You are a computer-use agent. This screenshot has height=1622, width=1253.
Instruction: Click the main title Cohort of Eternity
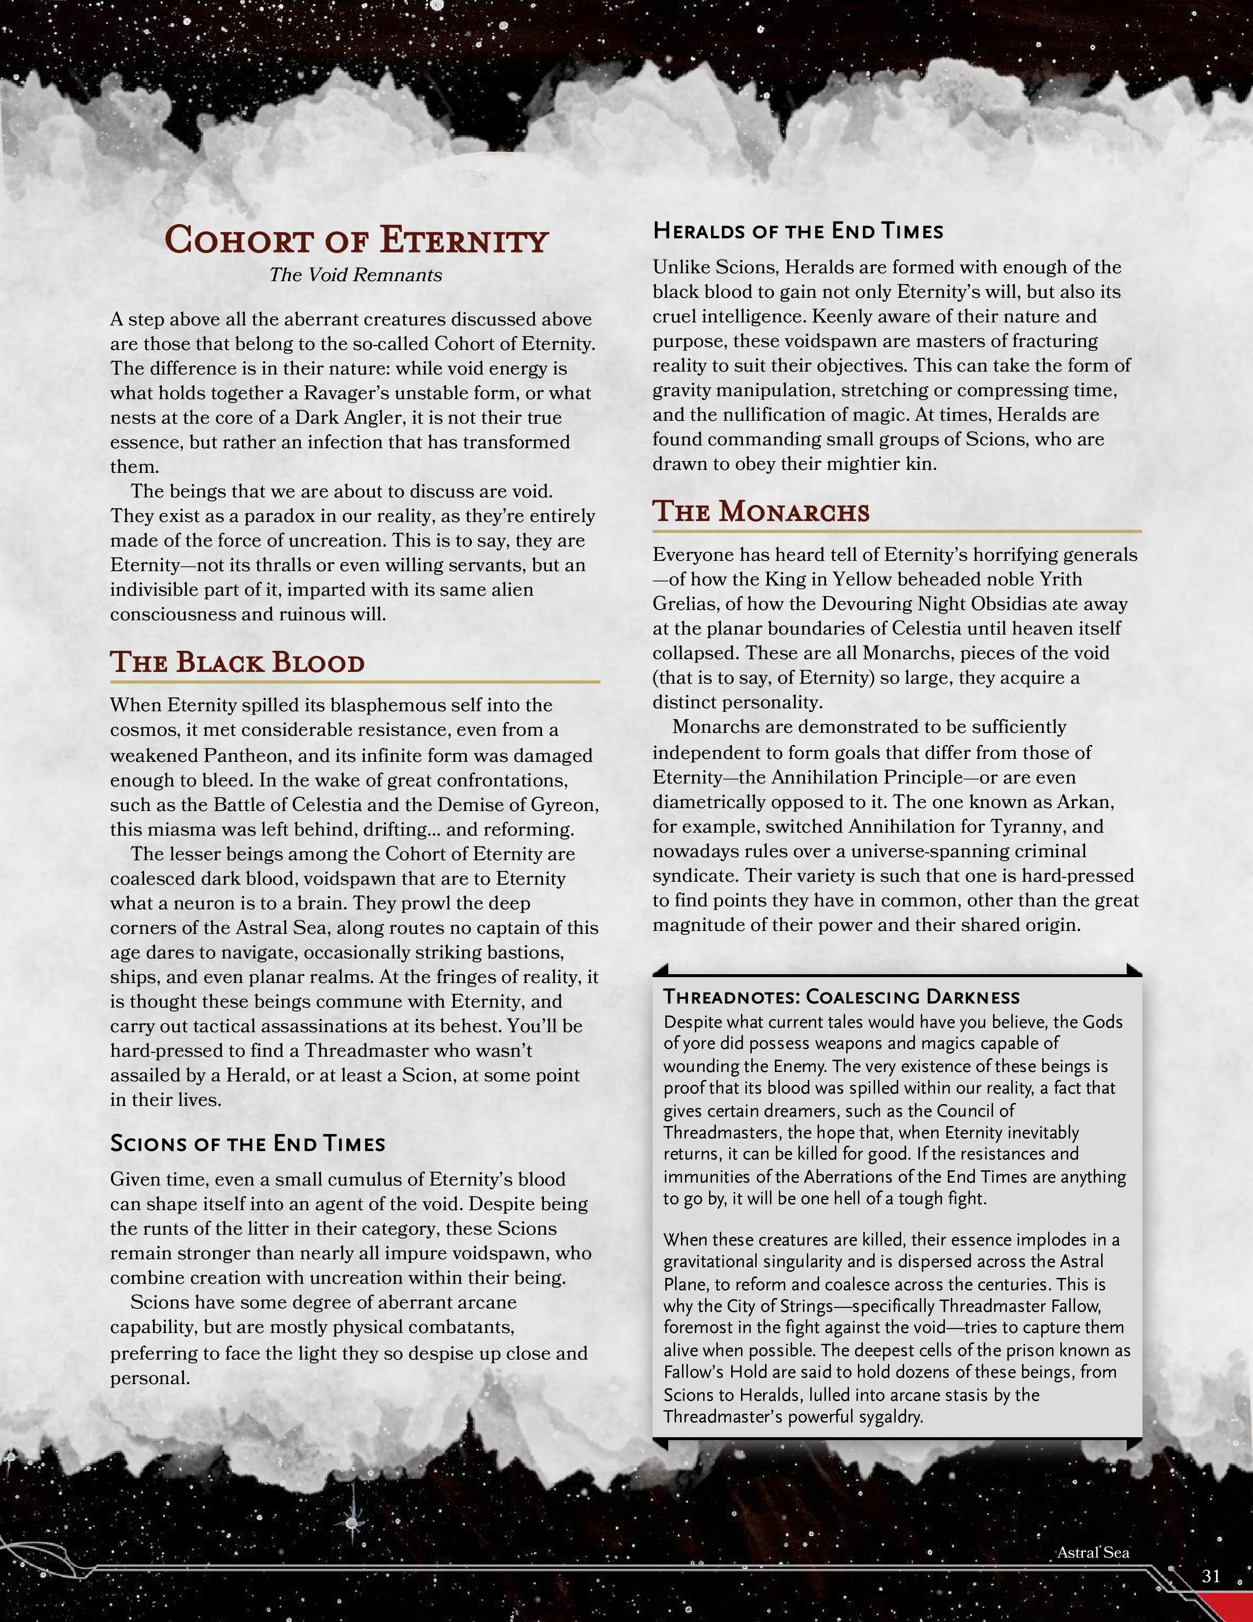(x=356, y=240)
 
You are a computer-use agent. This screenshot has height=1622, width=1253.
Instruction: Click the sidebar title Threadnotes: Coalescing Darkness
(x=841, y=997)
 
